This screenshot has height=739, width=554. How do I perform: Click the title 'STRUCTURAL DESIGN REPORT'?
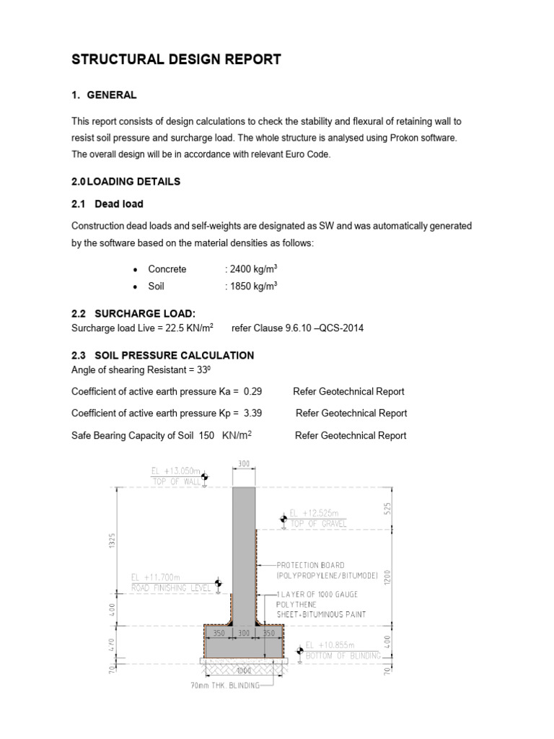pos(176,60)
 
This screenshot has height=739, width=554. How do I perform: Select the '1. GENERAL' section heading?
pos(105,95)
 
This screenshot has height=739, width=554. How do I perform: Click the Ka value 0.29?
pos(252,391)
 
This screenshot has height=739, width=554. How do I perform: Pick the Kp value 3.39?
pos(252,414)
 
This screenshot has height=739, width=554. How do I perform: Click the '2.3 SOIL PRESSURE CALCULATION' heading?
pos(162,355)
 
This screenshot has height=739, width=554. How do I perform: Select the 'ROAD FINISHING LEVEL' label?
pos(172,588)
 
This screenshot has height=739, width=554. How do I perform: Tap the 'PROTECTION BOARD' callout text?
pos(311,565)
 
